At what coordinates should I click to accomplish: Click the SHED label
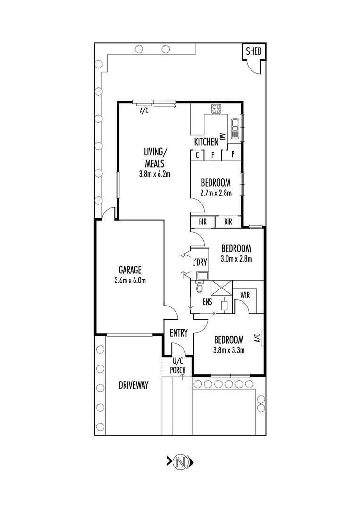254,51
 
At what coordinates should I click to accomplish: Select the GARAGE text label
130,270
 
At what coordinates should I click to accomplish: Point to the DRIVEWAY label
134,385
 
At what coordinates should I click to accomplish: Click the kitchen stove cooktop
217,109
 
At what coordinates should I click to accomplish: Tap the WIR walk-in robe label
244,295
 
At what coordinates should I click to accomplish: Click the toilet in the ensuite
199,287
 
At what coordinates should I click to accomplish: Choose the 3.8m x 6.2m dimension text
154,174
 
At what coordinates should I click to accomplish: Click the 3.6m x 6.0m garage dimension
130,280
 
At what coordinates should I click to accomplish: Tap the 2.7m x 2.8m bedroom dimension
216,193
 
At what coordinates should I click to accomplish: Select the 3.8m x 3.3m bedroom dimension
229,350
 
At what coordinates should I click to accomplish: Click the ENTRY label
179,333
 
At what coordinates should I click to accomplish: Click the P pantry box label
233,154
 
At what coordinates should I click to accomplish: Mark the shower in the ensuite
219,288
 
